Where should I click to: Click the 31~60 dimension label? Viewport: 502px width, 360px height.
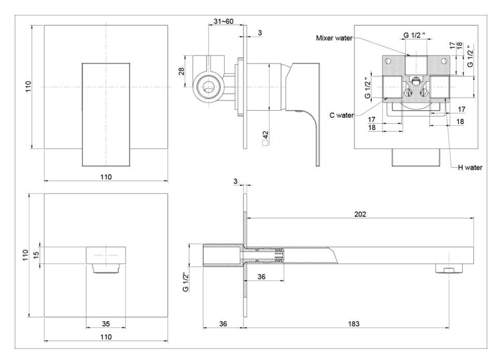click(x=224, y=21)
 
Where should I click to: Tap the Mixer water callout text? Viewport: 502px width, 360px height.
click(x=334, y=38)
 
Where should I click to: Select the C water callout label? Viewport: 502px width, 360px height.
click(x=342, y=115)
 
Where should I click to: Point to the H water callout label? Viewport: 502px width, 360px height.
click(x=470, y=168)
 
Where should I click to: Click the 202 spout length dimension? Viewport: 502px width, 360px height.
click(x=360, y=214)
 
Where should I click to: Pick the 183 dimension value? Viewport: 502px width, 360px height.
click(x=354, y=324)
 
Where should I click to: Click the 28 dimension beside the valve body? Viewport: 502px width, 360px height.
click(x=182, y=71)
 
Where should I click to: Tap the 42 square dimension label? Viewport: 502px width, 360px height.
click(x=265, y=138)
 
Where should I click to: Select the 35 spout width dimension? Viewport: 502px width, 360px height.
click(x=106, y=324)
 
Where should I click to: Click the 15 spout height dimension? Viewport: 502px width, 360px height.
click(x=36, y=255)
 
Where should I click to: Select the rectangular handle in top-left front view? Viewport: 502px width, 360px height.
click(x=106, y=114)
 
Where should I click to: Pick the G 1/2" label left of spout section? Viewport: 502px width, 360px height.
click(x=185, y=282)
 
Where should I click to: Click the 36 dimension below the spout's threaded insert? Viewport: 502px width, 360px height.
click(x=261, y=277)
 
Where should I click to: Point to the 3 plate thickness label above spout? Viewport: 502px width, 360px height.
click(x=235, y=182)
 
